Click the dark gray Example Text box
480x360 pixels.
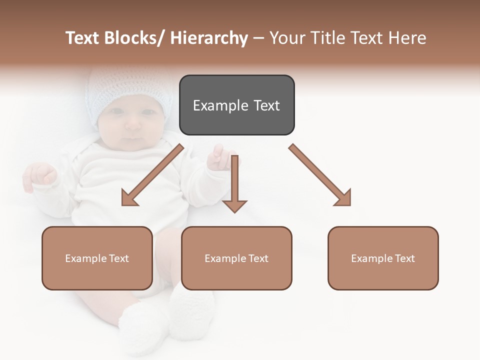pos(236,105)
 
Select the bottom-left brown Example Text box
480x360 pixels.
pos(97,258)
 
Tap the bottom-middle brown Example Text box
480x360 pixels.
pos(236,258)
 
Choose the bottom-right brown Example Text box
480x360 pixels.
pos(383,258)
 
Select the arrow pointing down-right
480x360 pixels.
pos(320,175)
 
